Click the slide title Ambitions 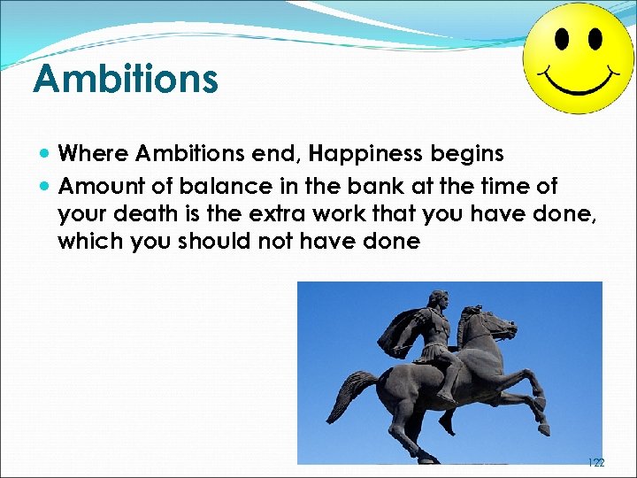[125, 78]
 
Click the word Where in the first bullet [93, 154]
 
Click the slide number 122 [595, 462]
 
